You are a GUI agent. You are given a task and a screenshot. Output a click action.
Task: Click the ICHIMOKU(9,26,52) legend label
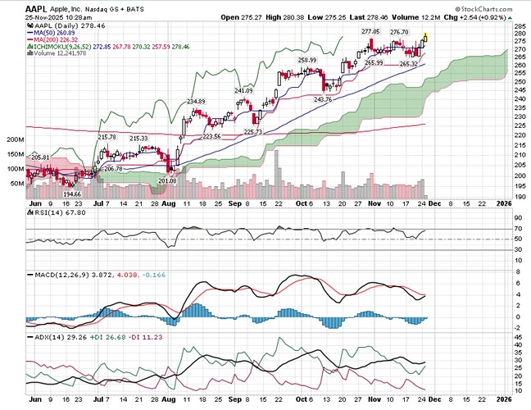pos(59,45)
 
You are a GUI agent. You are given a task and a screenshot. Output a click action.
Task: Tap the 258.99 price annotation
pos(307,60)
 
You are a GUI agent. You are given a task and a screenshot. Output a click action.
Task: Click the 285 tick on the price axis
pos(518,27)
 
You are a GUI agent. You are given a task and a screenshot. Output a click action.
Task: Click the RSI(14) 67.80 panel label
pos(53,216)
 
